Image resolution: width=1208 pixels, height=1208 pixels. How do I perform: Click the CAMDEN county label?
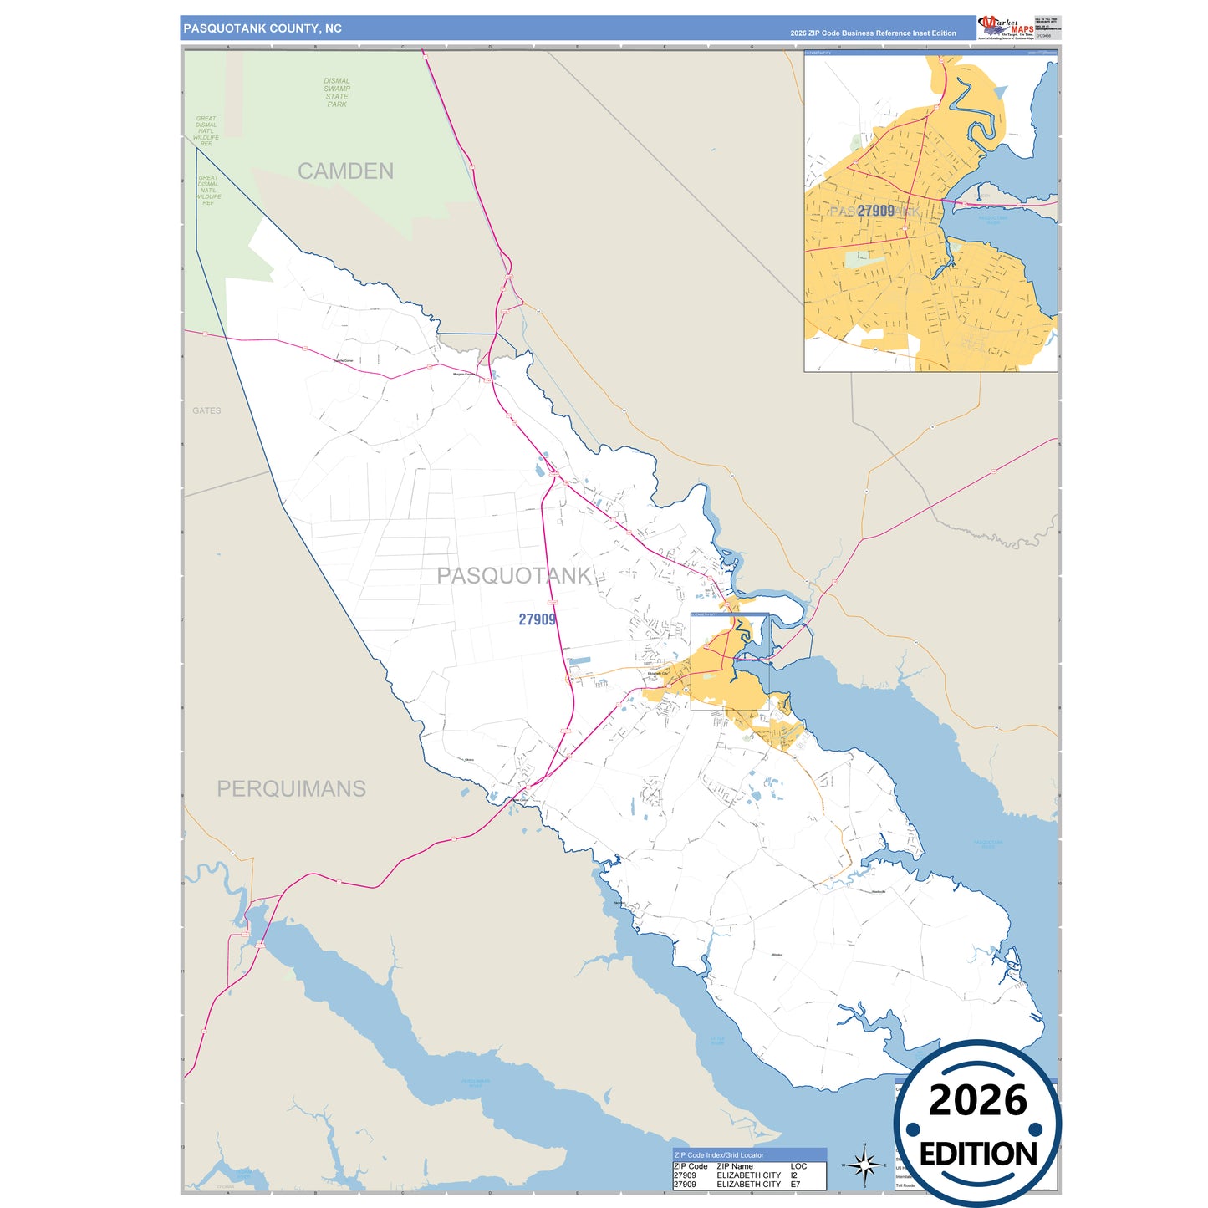click(345, 171)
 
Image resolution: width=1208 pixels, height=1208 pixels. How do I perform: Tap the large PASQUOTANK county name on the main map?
click(514, 576)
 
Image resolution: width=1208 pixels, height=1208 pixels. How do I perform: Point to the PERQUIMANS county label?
click(291, 789)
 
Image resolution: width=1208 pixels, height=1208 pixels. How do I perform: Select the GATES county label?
click(206, 410)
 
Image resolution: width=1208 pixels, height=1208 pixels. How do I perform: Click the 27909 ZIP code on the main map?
click(537, 619)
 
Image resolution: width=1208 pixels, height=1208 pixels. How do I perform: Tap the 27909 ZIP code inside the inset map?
click(875, 212)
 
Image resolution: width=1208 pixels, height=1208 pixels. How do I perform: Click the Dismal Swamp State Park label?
click(337, 93)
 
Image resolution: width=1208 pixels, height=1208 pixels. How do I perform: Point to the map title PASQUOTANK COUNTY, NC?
click(262, 28)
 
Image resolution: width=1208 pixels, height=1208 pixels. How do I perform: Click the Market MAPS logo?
click(1005, 27)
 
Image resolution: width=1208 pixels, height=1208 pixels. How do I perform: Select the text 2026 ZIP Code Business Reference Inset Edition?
click(873, 33)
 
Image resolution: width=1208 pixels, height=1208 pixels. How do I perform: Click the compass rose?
click(864, 1165)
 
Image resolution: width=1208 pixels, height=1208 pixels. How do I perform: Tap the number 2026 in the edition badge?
click(977, 1101)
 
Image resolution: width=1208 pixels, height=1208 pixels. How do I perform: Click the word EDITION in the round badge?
click(978, 1154)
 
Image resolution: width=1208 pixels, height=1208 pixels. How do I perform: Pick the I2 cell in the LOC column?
click(793, 1175)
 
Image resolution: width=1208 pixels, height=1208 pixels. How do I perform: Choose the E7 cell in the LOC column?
click(795, 1185)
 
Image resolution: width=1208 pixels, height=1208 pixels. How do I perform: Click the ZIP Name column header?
click(735, 1166)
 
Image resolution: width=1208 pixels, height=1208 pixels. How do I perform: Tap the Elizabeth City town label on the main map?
click(658, 673)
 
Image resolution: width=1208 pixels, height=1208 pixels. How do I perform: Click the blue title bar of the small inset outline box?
click(729, 614)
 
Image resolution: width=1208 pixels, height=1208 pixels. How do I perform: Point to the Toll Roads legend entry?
click(905, 1185)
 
